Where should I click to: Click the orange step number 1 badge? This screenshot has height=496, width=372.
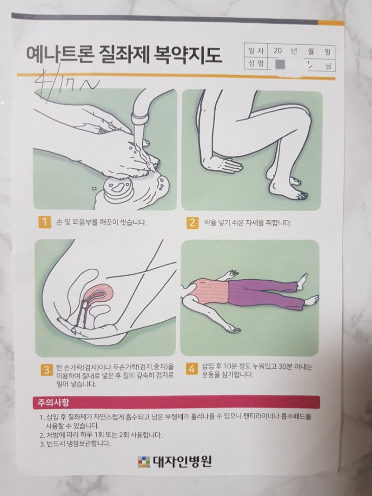pos(44,222)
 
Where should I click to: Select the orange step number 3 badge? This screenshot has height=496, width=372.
pos(46,370)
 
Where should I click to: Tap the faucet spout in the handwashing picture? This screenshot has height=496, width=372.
pos(138,112)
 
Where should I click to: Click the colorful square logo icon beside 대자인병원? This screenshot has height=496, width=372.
pos(144,462)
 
